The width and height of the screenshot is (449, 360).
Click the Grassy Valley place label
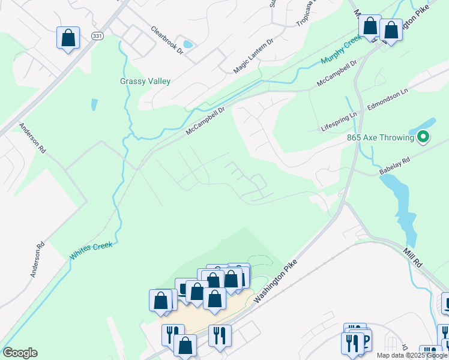[145, 81]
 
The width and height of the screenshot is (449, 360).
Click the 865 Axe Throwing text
[381, 137]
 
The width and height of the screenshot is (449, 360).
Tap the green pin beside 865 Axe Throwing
[423, 137]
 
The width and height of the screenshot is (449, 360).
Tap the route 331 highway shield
[97, 37]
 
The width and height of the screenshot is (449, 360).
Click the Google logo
[20, 353]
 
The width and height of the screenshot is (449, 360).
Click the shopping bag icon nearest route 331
[68, 38]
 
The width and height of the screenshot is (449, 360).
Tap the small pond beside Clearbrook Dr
[188, 44]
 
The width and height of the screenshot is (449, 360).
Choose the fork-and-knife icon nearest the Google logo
[172, 334]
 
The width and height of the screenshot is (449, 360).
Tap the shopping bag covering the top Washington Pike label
[391, 30]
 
